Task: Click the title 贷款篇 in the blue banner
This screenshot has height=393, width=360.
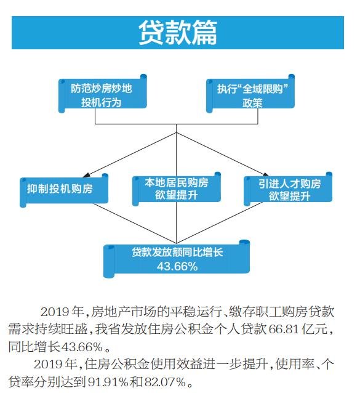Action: [x=178, y=33]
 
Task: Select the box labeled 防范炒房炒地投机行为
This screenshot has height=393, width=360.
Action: [x=102, y=94]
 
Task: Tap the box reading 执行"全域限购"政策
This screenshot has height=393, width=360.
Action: [x=250, y=94]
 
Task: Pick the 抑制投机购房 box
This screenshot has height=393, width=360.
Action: [x=64, y=190]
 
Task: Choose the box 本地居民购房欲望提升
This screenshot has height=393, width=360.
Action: [x=177, y=188]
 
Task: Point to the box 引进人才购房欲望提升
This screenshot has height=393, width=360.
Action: [x=288, y=188]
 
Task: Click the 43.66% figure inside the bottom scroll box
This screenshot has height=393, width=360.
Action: [x=177, y=266]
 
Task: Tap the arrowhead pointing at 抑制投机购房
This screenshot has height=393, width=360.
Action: [x=86, y=175]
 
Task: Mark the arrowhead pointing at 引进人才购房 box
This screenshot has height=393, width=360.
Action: [x=265, y=174]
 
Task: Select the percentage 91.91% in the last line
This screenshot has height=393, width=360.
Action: [x=108, y=382]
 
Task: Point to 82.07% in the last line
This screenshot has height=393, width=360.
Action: [x=165, y=382]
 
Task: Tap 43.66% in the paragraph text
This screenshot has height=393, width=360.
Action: [x=82, y=347]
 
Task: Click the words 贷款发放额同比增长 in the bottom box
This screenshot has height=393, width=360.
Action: [x=177, y=252]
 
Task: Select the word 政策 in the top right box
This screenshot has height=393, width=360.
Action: [x=252, y=103]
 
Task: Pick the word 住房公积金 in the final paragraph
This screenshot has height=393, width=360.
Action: [x=118, y=364]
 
